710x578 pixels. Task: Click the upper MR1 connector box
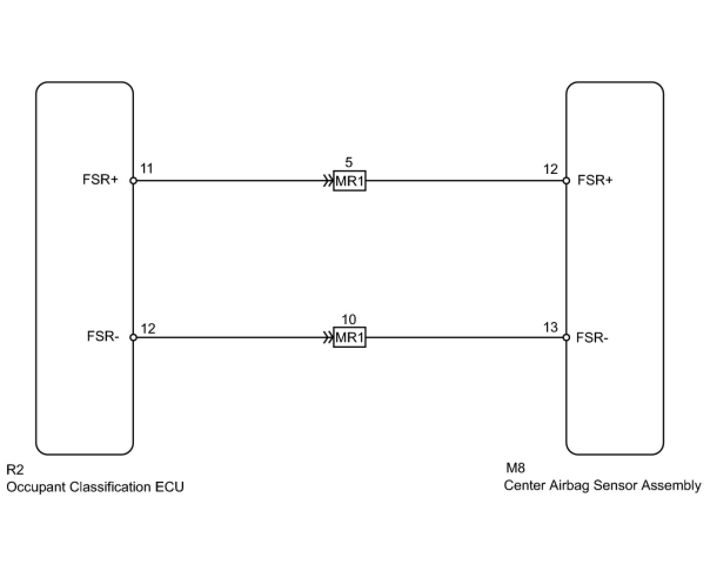[x=349, y=181]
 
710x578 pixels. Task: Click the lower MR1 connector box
[x=349, y=338]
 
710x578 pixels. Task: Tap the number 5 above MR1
[x=349, y=163]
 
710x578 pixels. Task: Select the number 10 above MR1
[x=349, y=320]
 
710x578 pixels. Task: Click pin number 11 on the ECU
[x=147, y=169]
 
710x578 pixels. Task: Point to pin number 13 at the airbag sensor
[x=551, y=327]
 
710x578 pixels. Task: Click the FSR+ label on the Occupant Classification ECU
[x=101, y=180]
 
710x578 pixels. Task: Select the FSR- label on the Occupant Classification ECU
[x=103, y=337]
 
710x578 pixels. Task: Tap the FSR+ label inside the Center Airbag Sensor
[x=595, y=180]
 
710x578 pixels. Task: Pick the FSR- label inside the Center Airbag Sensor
[x=592, y=337]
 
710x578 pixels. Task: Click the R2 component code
[x=15, y=469]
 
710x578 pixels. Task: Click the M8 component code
[x=515, y=468]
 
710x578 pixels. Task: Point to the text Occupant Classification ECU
[x=95, y=487]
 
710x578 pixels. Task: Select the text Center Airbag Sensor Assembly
[x=602, y=486]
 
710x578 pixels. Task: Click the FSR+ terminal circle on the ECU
[x=133, y=181]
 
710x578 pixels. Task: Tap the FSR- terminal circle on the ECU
[x=133, y=338]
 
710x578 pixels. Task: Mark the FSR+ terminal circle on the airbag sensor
[x=566, y=181]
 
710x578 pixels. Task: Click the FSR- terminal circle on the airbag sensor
[x=566, y=338]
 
